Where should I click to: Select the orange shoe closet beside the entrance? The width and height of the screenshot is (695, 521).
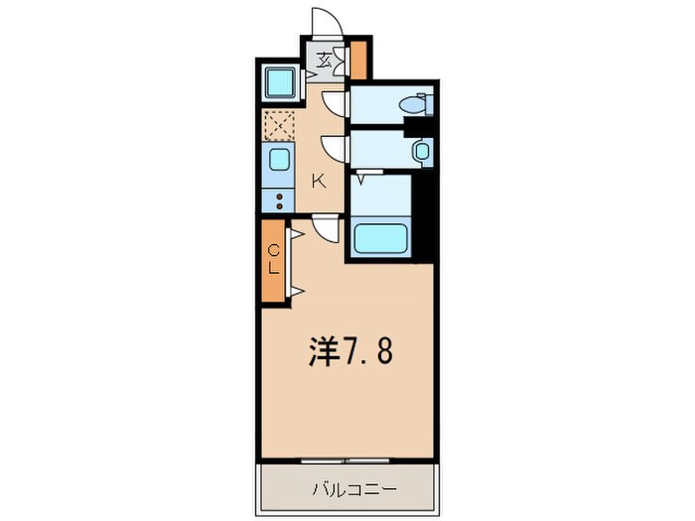pos(358,60)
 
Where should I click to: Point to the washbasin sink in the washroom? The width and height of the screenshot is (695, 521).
pos(421,151)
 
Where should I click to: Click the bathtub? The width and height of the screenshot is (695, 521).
pos(382,238)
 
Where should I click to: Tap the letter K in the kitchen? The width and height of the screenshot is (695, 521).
pos(319,181)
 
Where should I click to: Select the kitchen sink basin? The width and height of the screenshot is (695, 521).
pos(278,161)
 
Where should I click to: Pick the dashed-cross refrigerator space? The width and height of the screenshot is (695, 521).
pos(279,126)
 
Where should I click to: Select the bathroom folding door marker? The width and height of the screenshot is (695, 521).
pos(362,179)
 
